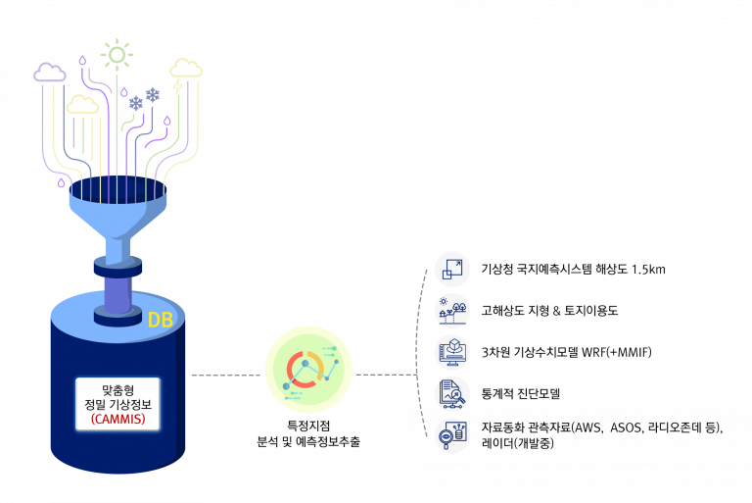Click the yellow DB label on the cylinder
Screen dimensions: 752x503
pos(161,320)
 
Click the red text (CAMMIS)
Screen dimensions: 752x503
pos(117,419)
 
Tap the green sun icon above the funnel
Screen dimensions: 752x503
pos(117,55)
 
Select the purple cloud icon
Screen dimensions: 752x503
pos(49,72)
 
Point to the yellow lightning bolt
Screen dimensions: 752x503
pos(178,86)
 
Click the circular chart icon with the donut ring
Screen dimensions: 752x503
pos(308,369)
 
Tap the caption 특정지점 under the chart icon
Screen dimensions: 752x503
pos(308,426)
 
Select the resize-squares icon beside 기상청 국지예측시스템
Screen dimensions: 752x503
pos(451,269)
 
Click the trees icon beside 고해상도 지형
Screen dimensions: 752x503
pos(451,311)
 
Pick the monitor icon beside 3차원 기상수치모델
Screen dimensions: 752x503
pos(451,352)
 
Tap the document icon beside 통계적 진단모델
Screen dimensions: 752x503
pos(451,394)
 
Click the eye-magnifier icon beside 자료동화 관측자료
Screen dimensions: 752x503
pos(451,435)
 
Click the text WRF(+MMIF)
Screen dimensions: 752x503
pos(617,352)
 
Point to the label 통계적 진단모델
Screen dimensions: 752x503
pos(521,394)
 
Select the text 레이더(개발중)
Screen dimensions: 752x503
pos(518,443)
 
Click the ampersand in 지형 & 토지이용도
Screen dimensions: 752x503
pos(556,311)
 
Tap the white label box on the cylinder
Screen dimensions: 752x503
pos(117,404)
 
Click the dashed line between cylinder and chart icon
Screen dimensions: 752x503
pos(226,375)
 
